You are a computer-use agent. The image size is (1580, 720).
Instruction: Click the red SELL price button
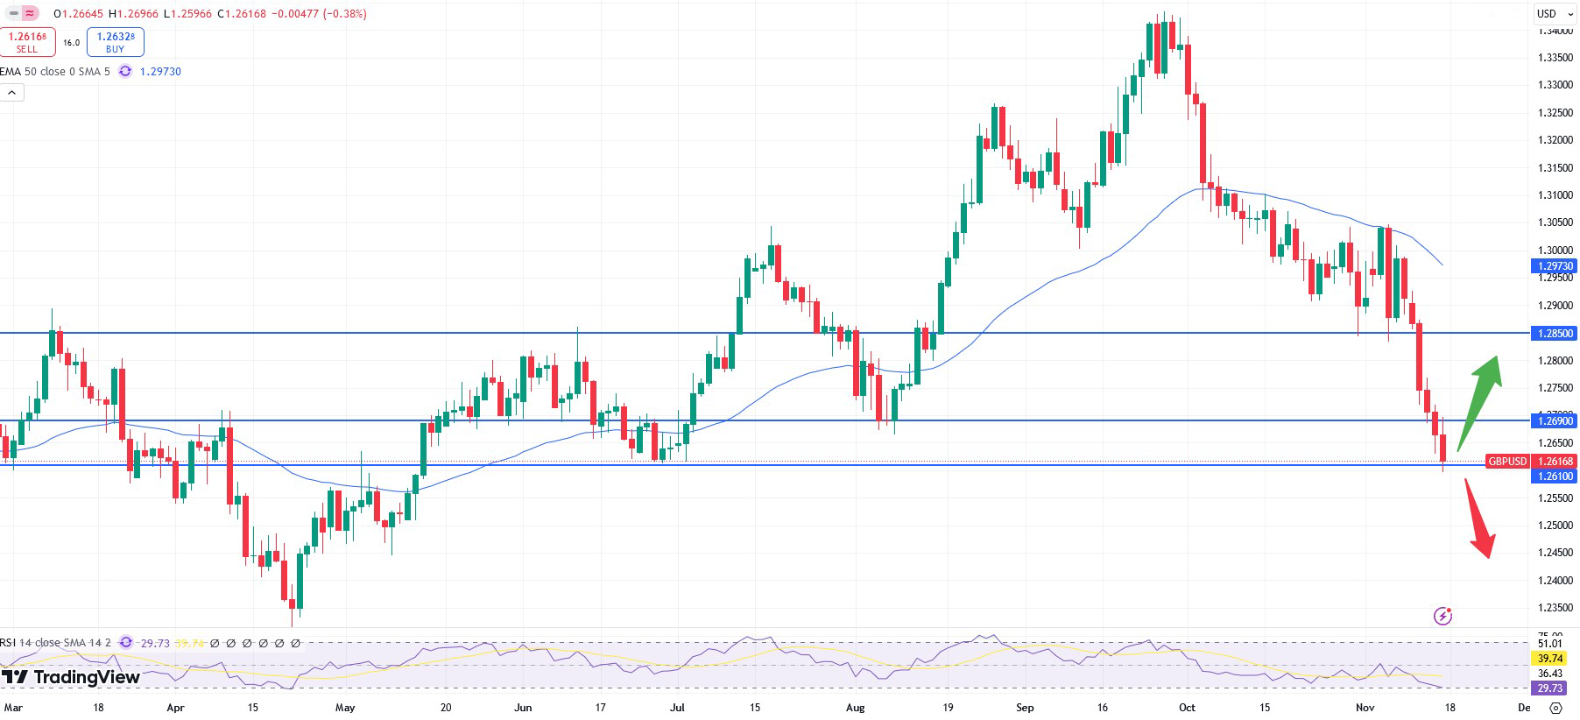pyautogui.click(x=27, y=42)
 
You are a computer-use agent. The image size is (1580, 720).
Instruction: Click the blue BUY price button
pyautogui.click(x=115, y=42)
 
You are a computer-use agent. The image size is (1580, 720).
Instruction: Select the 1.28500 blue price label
pyautogui.click(x=1555, y=334)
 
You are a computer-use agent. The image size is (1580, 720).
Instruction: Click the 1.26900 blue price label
pyautogui.click(x=1555, y=421)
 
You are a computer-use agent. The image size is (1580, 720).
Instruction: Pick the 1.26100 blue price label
pyautogui.click(x=1555, y=476)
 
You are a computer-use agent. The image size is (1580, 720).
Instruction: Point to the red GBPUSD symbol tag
pyautogui.click(x=1507, y=462)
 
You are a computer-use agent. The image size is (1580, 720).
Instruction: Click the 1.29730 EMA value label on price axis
pyautogui.click(x=1555, y=266)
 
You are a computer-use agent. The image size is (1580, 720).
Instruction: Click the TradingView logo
pyautogui.click(x=71, y=677)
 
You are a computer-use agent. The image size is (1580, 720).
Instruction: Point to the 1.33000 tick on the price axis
pyautogui.click(x=1555, y=85)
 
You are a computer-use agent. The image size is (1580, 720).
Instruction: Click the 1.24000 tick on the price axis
pyautogui.click(x=1555, y=580)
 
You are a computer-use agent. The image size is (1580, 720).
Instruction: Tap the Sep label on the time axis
pyautogui.click(x=1025, y=708)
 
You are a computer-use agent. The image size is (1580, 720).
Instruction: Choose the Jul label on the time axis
pyautogui.click(x=677, y=708)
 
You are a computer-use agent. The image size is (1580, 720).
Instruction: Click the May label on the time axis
pyautogui.click(x=345, y=708)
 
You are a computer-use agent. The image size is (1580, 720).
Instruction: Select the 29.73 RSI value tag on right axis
pyautogui.click(x=1550, y=688)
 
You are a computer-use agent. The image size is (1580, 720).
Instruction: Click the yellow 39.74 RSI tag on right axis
pyautogui.click(x=1550, y=659)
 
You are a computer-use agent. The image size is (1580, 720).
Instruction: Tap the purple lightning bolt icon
pyautogui.click(x=1442, y=616)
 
